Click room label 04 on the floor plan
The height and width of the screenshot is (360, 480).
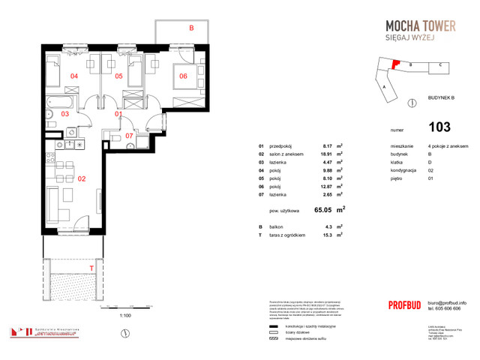tap(74, 76)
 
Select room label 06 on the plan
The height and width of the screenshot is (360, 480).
tap(182, 76)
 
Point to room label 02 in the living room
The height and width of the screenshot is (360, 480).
tap(82, 180)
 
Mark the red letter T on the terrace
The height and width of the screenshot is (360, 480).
tap(91, 268)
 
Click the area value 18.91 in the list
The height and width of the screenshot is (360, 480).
tap(326, 154)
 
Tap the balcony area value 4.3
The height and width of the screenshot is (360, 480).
tap(326, 226)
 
